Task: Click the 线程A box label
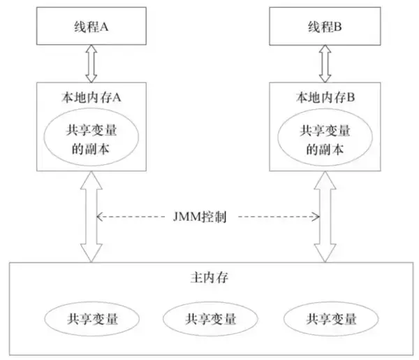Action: point(91,27)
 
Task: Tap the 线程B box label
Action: point(325,27)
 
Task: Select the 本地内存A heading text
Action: point(91,97)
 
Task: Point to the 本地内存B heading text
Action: point(325,97)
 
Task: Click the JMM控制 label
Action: point(200,217)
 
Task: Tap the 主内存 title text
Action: point(209,278)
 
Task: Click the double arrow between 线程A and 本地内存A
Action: point(91,64)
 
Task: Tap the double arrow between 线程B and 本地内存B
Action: point(325,64)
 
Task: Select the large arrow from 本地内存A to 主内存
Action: point(91,217)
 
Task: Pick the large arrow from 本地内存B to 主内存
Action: point(325,217)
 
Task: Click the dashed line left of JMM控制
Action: point(131,217)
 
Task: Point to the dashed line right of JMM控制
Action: point(279,217)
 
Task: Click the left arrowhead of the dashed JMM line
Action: point(99,217)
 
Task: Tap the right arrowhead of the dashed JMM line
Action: point(316,217)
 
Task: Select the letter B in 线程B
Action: point(338,27)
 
